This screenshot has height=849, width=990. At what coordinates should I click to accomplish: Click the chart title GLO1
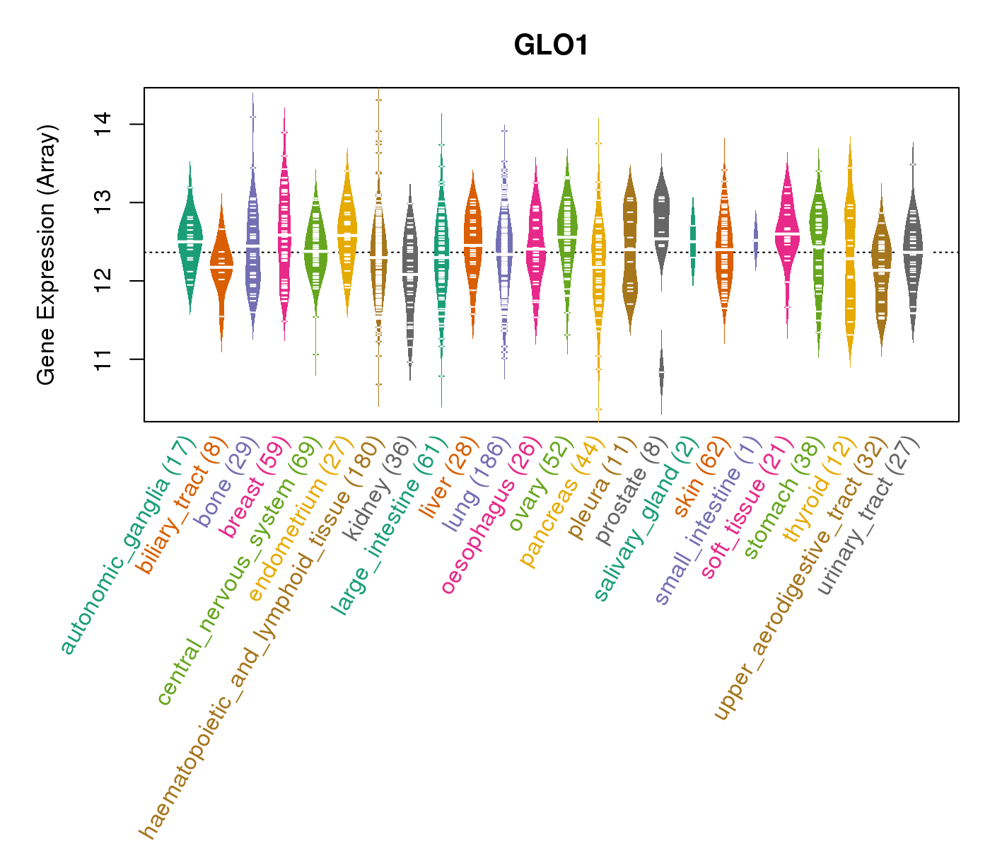pyautogui.click(x=551, y=45)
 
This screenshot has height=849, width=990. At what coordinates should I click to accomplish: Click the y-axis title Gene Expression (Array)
pyautogui.click(x=47, y=255)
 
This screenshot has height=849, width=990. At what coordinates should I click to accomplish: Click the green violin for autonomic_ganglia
pyautogui.click(x=190, y=241)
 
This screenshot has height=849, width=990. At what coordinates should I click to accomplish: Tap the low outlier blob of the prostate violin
pyautogui.click(x=661, y=371)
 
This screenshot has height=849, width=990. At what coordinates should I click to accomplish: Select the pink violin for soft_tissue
pyautogui.click(x=786, y=233)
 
